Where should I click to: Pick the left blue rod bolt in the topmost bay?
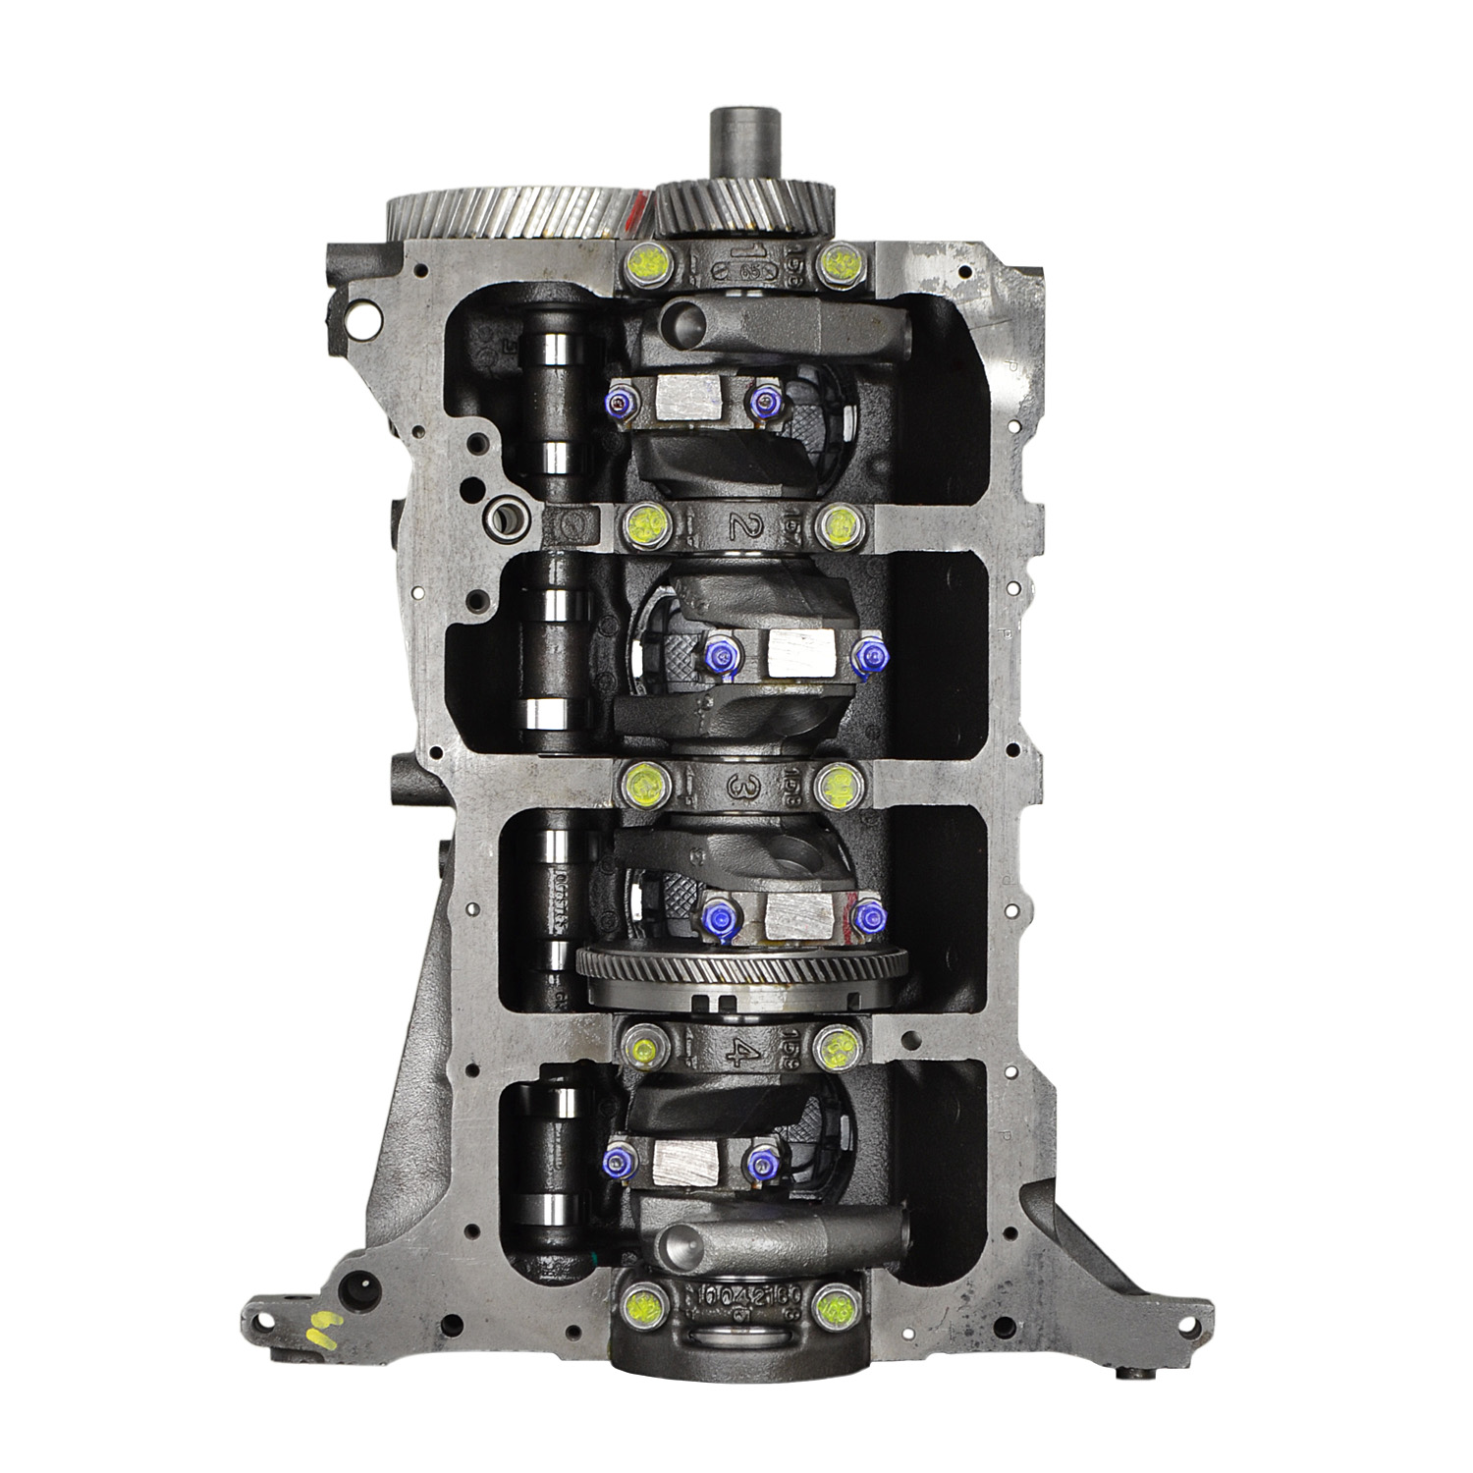[592, 403]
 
